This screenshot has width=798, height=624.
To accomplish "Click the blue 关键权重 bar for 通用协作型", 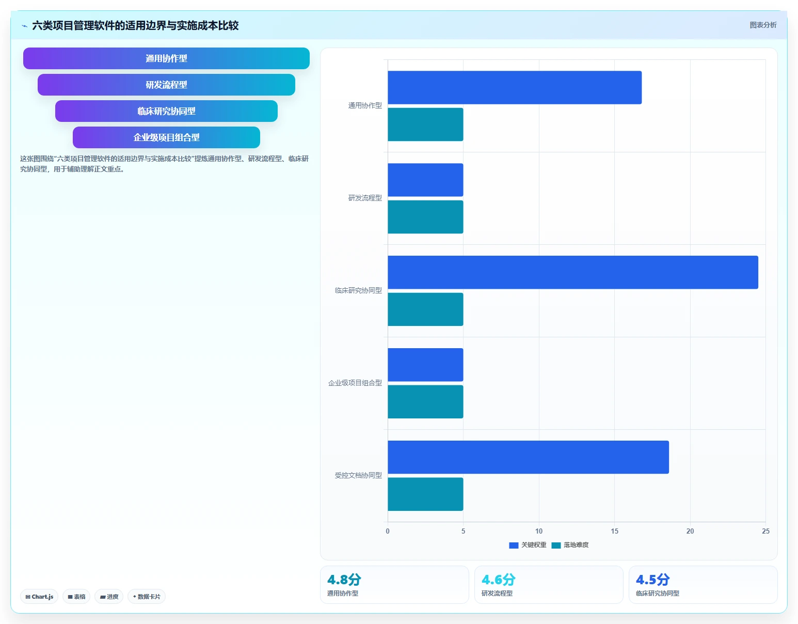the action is [515, 87].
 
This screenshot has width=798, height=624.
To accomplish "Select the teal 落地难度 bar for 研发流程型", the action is [425, 217].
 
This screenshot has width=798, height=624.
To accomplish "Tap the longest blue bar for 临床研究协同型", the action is [573, 272].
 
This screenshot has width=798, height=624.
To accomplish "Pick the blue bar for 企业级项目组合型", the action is [425, 365].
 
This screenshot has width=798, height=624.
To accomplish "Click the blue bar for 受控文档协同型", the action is [528, 457].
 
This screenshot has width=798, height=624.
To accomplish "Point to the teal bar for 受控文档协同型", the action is [425, 494].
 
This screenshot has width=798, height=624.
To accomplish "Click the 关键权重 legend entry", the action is [528, 545].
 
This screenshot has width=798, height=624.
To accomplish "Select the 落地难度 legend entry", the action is [570, 545].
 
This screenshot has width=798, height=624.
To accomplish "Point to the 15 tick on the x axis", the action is [614, 531].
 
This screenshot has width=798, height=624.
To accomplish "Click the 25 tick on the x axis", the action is [765, 531].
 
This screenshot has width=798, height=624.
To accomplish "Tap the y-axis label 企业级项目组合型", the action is [355, 383].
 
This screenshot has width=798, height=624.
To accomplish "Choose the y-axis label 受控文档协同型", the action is [358, 476].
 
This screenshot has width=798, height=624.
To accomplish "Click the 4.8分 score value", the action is [344, 580].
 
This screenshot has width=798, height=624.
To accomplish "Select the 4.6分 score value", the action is [498, 580].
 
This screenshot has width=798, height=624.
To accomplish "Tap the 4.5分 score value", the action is [652, 580].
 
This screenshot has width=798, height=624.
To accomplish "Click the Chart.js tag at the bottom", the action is [39, 597].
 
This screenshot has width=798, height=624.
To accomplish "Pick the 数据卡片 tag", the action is [147, 597].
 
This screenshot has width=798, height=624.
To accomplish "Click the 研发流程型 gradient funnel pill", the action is [166, 85].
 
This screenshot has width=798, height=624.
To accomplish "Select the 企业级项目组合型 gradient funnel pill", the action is [166, 137].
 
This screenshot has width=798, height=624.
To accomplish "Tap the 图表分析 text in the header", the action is [763, 25].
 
